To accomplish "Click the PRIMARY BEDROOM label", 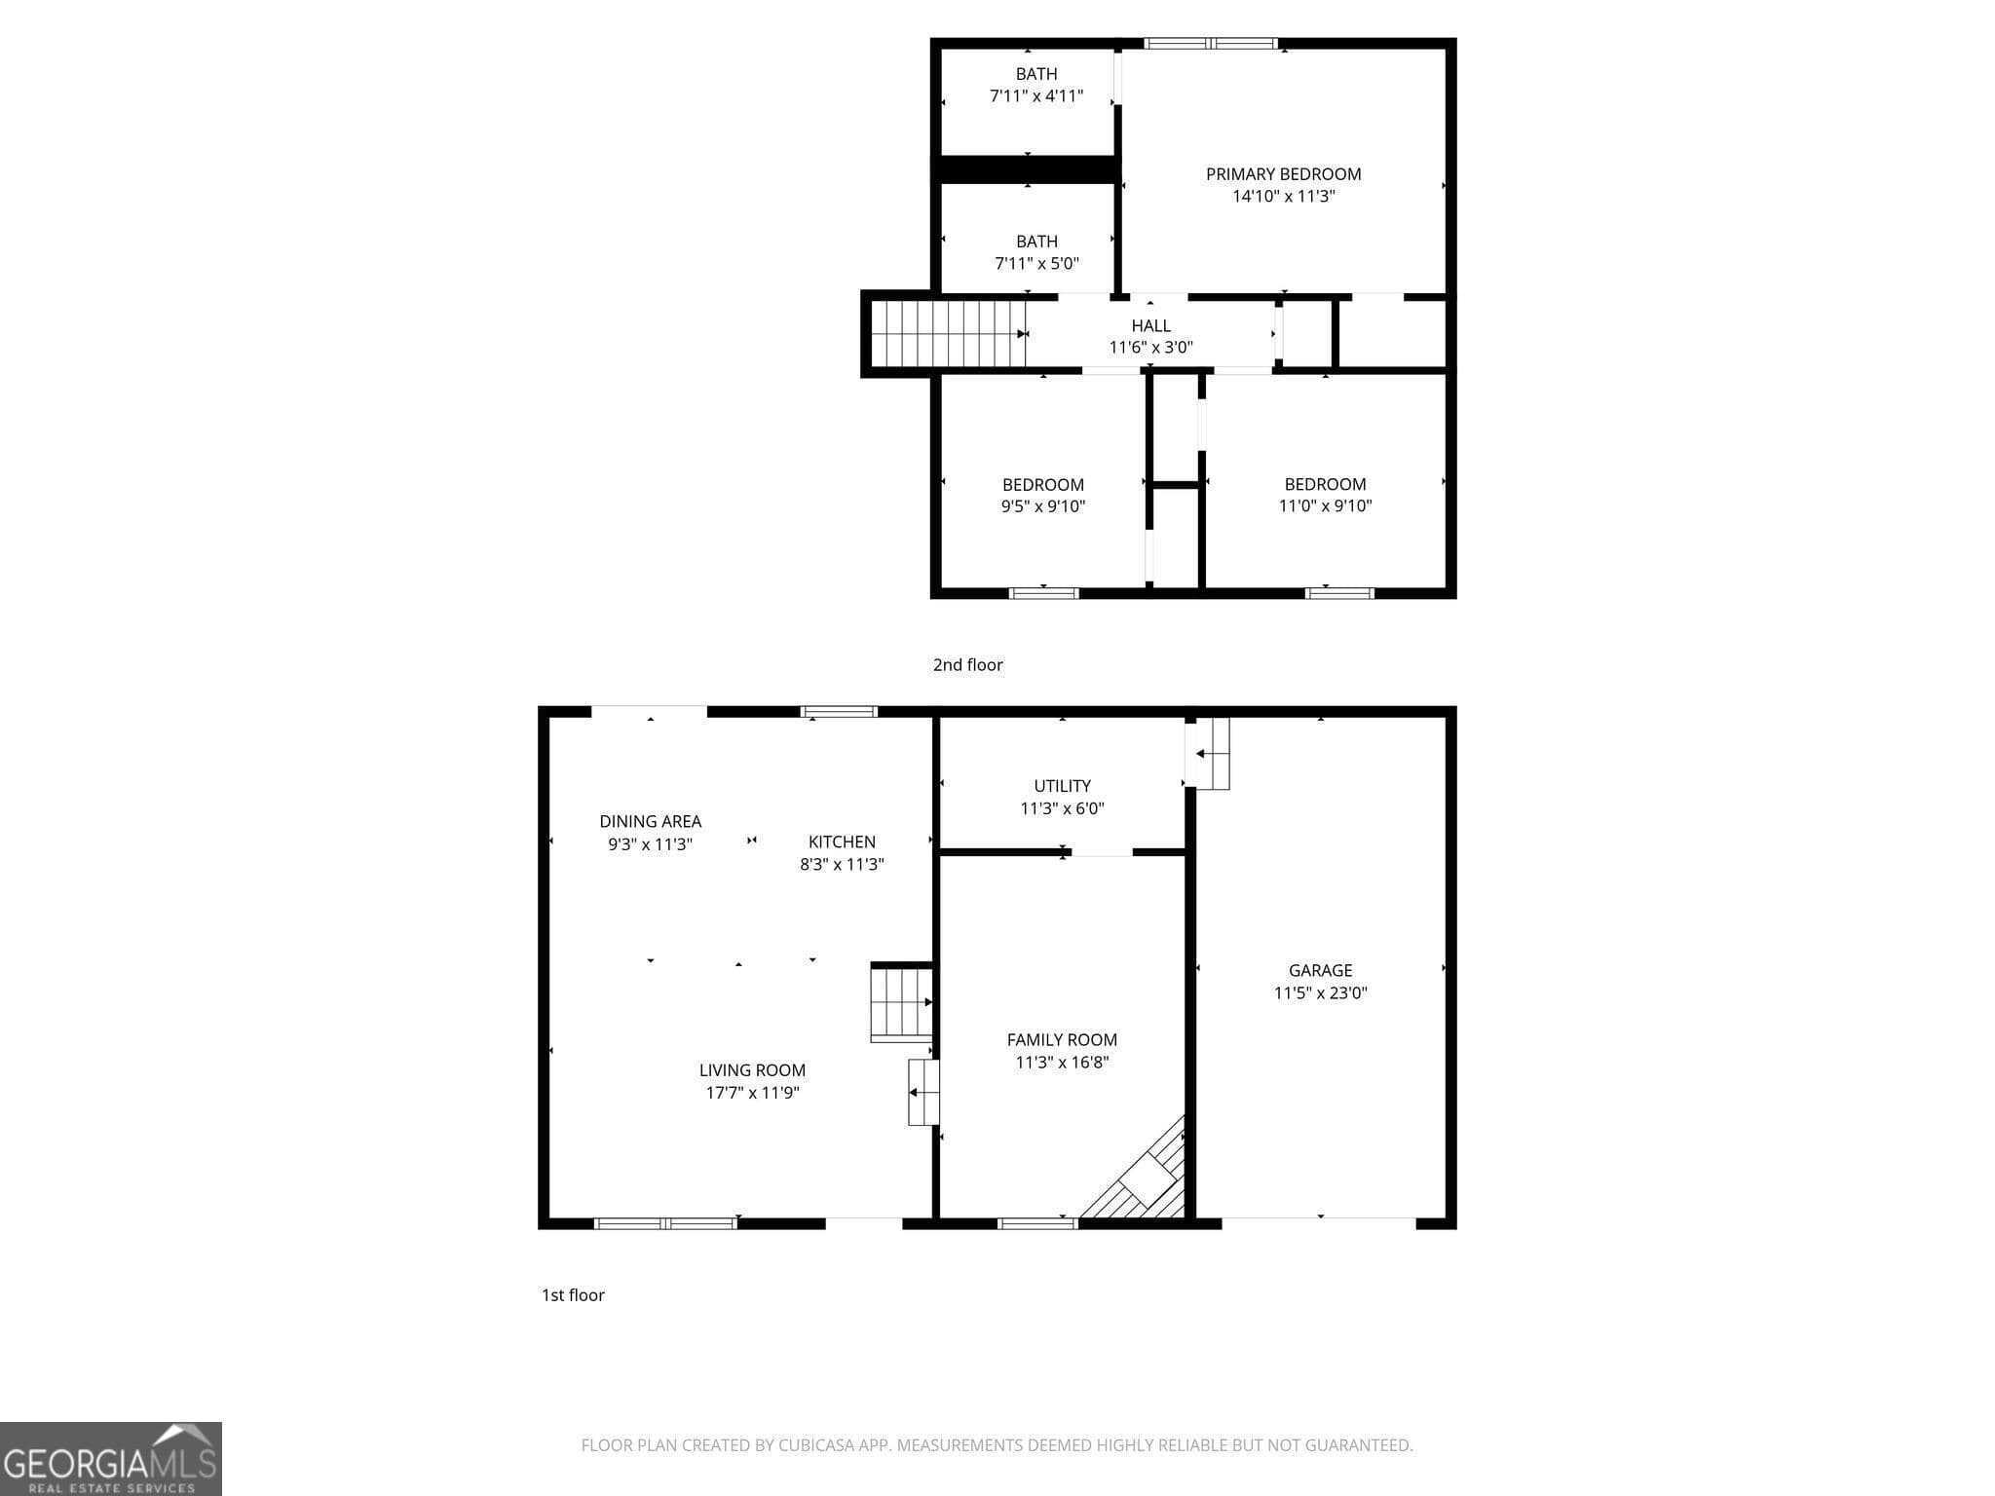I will (1283, 174).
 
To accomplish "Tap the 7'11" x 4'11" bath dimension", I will (1036, 96).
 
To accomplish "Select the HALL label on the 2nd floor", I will (1150, 325).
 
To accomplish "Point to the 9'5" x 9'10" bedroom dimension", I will (1043, 506).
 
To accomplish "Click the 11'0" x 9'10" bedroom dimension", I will (1325, 505).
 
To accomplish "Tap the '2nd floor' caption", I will (967, 665).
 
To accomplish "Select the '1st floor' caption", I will (573, 1295).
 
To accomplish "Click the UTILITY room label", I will (1062, 786).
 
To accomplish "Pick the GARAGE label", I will (1320, 970).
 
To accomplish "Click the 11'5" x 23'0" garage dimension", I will (1320, 993).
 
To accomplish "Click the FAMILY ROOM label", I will (1062, 1040).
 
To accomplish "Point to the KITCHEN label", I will (842, 841).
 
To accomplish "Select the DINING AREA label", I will (650, 822).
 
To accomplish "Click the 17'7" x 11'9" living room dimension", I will (752, 1093).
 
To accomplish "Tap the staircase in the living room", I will (901, 1003).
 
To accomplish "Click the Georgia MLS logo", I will (110, 1459).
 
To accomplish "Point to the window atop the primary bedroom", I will (1210, 44).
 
